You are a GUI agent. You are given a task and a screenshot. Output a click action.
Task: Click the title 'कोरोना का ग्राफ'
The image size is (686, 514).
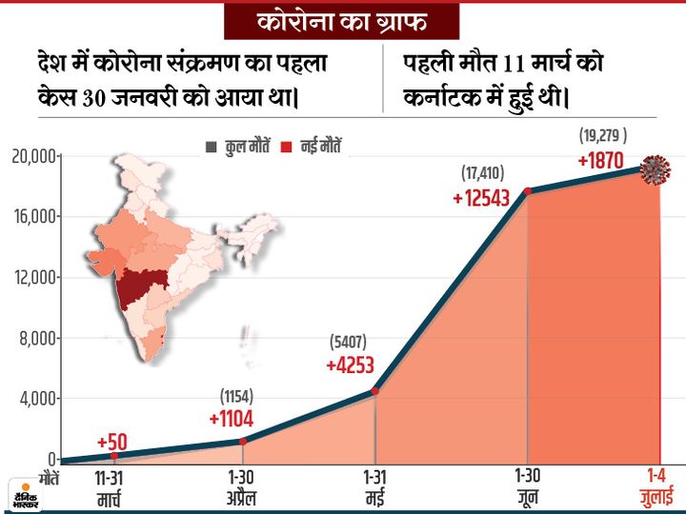point(342,21)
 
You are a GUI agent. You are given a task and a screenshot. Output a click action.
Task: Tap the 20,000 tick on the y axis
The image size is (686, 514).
point(33,155)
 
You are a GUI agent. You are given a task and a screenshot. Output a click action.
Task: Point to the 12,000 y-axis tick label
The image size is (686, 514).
point(33,277)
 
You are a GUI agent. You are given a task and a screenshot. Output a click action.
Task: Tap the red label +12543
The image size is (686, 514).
point(482,197)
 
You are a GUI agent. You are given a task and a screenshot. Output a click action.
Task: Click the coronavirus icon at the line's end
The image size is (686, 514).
point(655,169)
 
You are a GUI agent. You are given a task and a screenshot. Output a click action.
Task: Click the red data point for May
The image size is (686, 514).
point(375,390)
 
